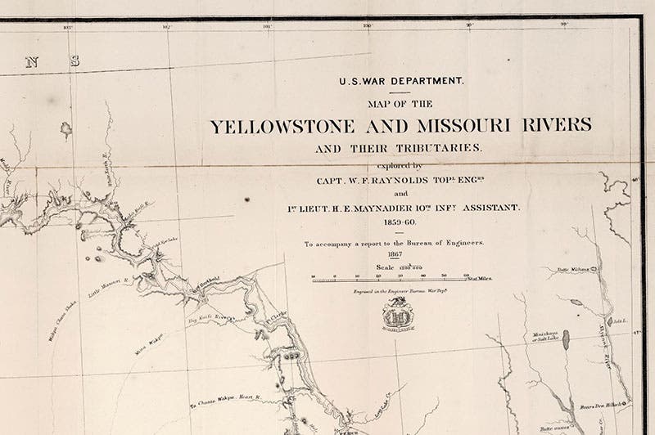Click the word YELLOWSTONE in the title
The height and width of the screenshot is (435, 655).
coord(282,127)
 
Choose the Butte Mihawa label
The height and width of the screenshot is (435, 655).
coord(574,269)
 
